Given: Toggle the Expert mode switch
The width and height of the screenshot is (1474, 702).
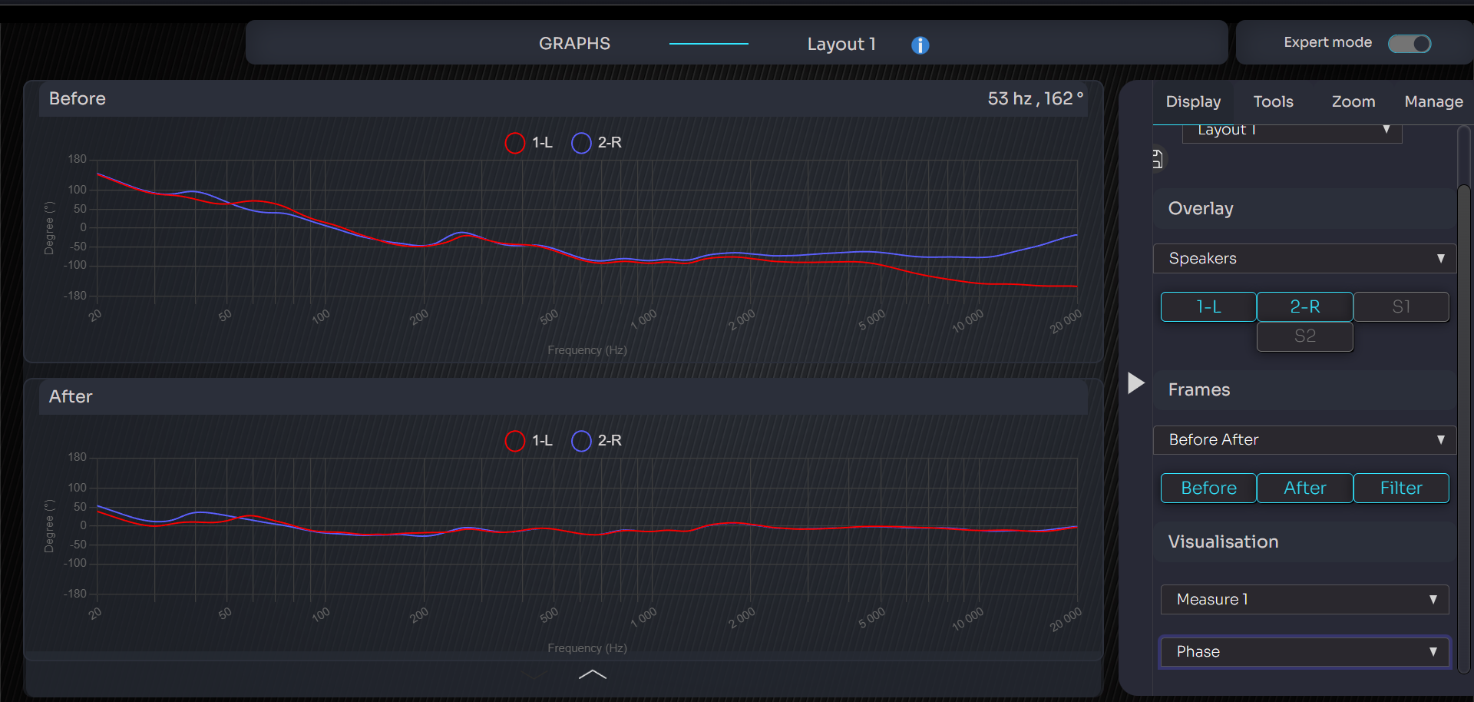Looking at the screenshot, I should [x=1410, y=44].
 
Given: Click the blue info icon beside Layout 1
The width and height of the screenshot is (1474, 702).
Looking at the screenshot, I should [x=920, y=45].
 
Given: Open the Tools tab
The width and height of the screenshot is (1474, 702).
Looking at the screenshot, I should [x=1273, y=101].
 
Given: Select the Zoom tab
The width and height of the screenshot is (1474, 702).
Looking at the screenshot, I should [x=1353, y=101].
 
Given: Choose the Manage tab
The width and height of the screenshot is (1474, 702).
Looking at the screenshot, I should [x=1433, y=101].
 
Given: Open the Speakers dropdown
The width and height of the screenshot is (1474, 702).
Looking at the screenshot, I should [x=1304, y=259].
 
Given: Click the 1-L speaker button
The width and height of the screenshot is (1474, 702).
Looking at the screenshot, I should [x=1208, y=306].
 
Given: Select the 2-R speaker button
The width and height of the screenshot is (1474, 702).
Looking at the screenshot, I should [x=1304, y=306].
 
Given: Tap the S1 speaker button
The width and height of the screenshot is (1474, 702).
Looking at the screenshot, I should [x=1401, y=306].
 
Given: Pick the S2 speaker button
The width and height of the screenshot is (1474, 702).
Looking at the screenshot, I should [x=1304, y=336].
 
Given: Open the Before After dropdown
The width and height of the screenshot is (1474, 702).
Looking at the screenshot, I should [x=1304, y=440].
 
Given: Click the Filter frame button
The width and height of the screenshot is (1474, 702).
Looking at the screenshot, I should [x=1401, y=488].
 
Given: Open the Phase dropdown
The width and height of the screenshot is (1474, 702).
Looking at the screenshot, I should [x=1304, y=652].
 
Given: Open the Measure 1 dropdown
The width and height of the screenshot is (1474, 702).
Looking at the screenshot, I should [x=1304, y=600].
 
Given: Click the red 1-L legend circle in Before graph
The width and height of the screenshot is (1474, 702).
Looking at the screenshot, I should [x=515, y=143].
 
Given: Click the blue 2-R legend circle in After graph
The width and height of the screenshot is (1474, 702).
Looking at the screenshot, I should [x=582, y=441].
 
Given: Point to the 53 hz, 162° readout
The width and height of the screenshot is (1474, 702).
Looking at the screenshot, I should [x=1035, y=99].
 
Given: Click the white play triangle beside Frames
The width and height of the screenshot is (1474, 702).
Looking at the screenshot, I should [x=1136, y=382].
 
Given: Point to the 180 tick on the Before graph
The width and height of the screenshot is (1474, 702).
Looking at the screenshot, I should [x=78, y=160].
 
